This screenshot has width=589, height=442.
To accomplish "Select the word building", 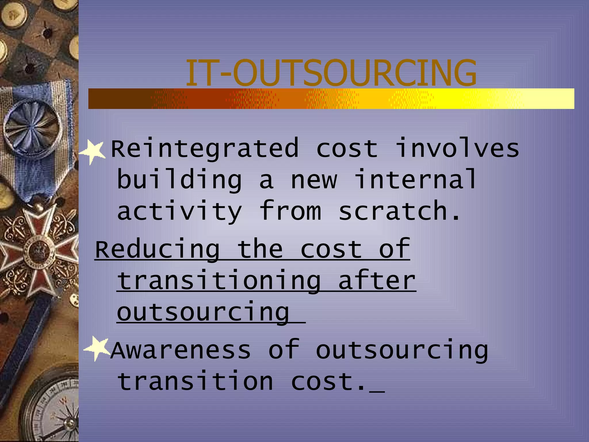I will pyautogui.click(x=179, y=180).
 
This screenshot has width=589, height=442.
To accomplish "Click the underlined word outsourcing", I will pyautogui.click(x=203, y=313).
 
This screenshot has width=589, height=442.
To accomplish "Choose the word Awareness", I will pyautogui.click(x=181, y=350).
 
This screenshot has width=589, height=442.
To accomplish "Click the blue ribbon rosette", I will pyautogui.click(x=33, y=127).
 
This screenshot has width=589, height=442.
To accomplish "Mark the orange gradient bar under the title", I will pyautogui.click(x=331, y=99).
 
